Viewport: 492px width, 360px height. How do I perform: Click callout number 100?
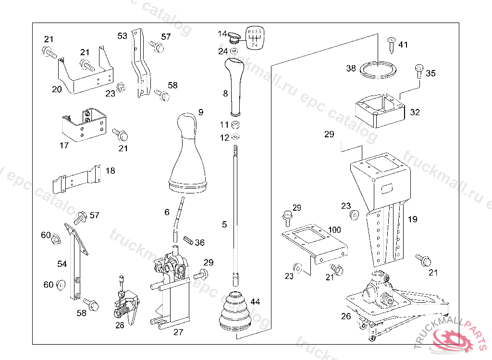click(334, 230)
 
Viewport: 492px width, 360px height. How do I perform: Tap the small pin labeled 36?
click(188, 239)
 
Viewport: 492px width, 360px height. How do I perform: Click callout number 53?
click(123, 36)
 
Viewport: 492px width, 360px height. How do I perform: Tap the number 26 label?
click(346, 316)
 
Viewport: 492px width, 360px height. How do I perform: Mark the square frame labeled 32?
click(379, 110)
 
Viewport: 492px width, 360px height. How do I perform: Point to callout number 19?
click(412, 219)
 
